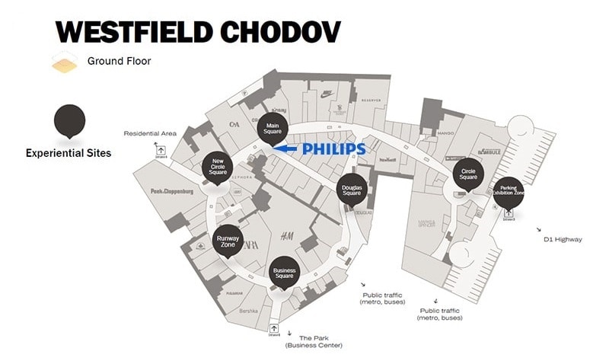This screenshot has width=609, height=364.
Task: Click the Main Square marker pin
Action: [x=273, y=129]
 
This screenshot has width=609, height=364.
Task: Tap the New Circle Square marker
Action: [x=218, y=168]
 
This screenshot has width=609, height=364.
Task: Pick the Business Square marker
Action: [x=284, y=271]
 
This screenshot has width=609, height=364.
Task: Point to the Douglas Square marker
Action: [x=352, y=190]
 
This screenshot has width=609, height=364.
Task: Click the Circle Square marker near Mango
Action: [x=468, y=173]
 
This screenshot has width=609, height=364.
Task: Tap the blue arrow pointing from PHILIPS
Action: [x=285, y=148]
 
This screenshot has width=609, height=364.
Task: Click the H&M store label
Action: [x=287, y=235]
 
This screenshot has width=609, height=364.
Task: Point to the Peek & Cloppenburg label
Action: [x=172, y=192]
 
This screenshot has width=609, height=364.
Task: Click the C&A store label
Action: [x=234, y=123]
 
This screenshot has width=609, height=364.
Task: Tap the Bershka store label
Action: [x=249, y=311]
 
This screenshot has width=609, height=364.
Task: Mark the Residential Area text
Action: [x=150, y=133]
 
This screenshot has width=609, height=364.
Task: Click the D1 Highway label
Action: [x=563, y=239]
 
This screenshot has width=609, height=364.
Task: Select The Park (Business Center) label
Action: [x=314, y=341]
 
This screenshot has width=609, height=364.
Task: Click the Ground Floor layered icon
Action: [x=65, y=62]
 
